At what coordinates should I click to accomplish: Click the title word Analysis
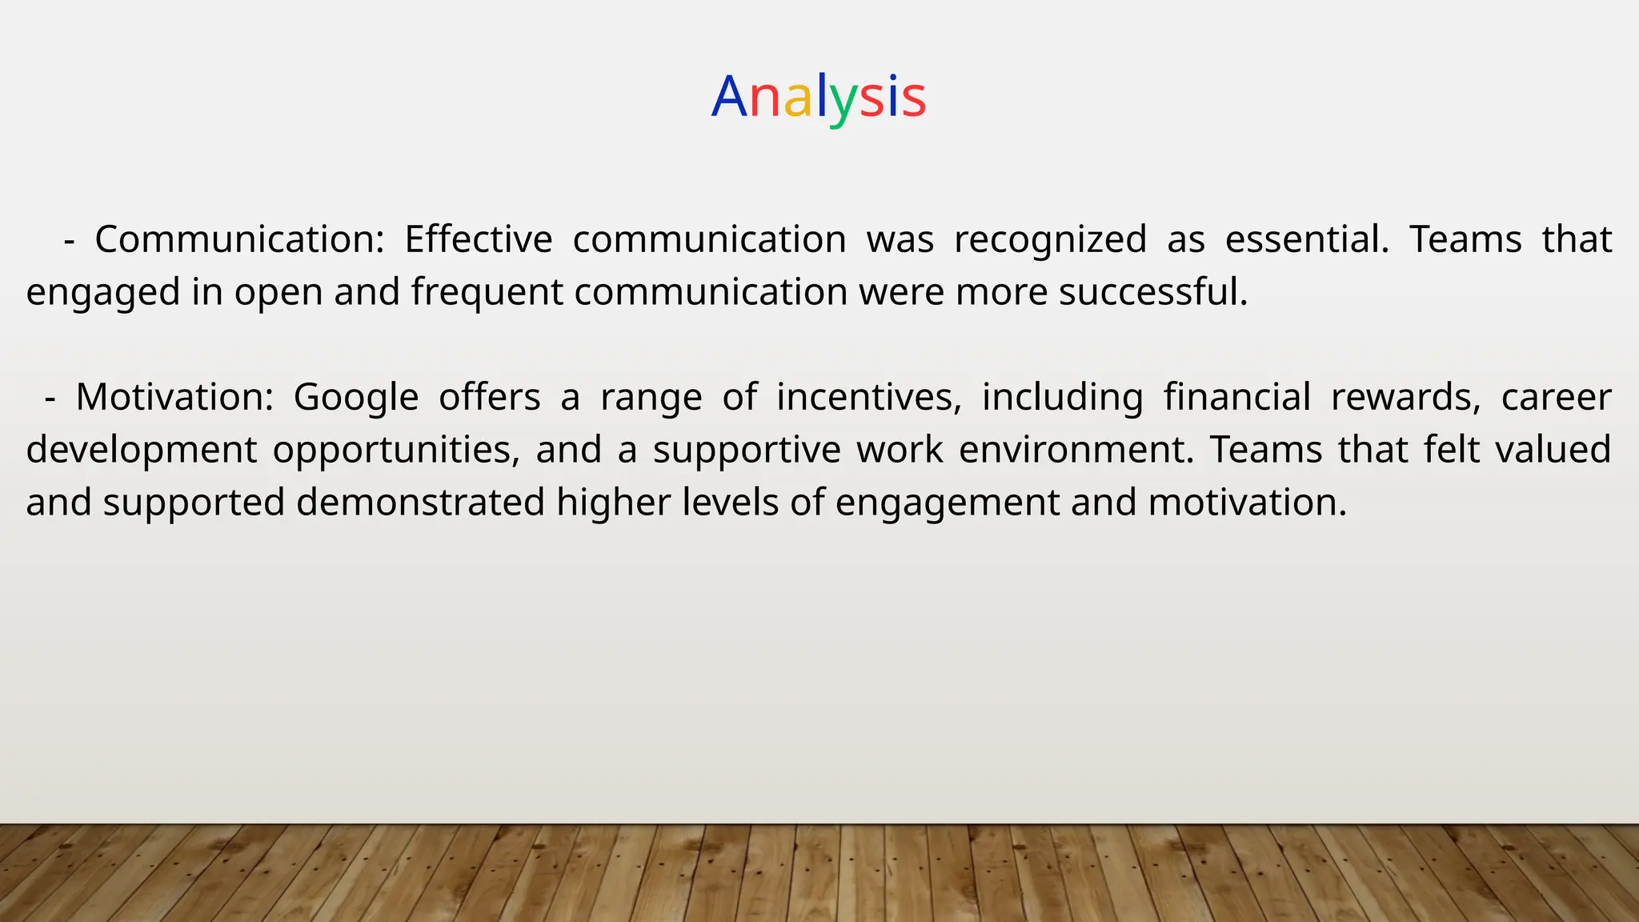point(818,97)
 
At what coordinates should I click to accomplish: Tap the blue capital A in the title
point(728,97)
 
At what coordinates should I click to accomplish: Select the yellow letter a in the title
point(798,99)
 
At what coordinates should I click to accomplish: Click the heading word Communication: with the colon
point(240,239)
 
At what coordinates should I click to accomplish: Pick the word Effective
point(478,239)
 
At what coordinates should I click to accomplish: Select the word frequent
point(487,292)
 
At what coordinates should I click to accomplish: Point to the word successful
point(1153,291)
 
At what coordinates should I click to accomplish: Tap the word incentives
point(869,398)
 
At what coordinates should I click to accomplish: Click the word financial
point(1236,397)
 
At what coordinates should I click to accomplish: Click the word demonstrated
point(421,503)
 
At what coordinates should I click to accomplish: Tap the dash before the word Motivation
point(50,398)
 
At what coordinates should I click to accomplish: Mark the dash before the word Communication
point(69,240)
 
